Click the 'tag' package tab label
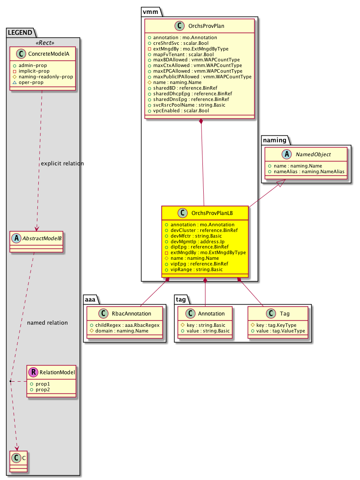(x=181, y=299)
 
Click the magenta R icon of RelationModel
(x=33, y=373)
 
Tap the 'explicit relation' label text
(x=62, y=164)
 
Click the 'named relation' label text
(x=47, y=322)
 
